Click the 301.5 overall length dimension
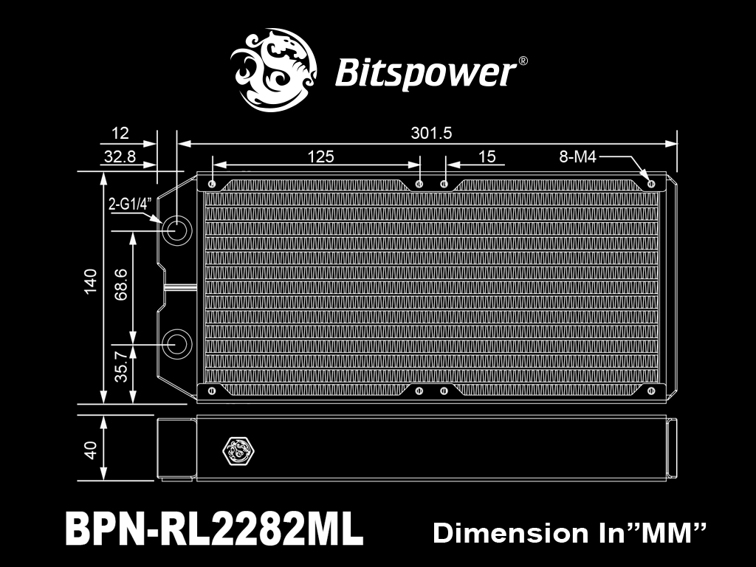click(x=431, y=133)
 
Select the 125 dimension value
click(x=320, y=157)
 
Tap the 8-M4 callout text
click(x=577, y=157)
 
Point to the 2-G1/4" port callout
click(x=130, y=205)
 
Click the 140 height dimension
click(x=90, y=281)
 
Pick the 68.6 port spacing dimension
click(x=120, y=285)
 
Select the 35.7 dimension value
click(x=120, y=366)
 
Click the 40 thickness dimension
click(x=90, y=450)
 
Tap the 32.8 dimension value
click(x=120, y=157)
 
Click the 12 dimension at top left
click(x=120, y=133)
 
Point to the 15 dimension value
click(x=487, y=157)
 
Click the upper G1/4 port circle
click(x=176, y=230)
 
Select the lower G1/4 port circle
click(x=176, y=344)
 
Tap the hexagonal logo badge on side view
click(x=238, y=451)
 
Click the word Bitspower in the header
click(x=425, y=73)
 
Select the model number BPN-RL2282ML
click(x=213, y=529)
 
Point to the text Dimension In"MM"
click(x=569, y=533)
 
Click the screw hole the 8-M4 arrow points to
click(x=651, y=184)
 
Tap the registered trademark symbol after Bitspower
click(x=523, y=61)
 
